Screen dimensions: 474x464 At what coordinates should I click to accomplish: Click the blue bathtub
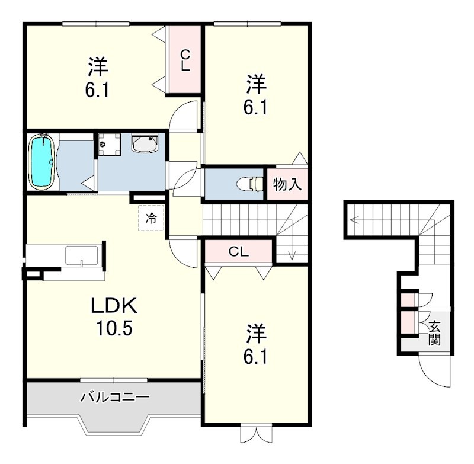pyautogui.click(x=42, y=162)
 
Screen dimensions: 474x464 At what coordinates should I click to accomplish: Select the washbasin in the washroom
pyautogui.click(x=145, y=143)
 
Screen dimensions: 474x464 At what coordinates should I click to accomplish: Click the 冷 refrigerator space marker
pyautogui.click(x=151, y=218)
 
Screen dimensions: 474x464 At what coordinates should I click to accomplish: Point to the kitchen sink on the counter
pyautogui.click(x=82, y=257)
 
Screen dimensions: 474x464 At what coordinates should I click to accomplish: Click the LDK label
pyautogui.click(x=114, y=306)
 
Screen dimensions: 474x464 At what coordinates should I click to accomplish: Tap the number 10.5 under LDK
pyautogui.click(x=114, y=328)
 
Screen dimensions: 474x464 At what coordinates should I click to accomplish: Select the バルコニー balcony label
pyautogui.click(x=115, y=397)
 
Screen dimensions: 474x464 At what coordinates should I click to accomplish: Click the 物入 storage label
pyautogui.click(x=287, y=184)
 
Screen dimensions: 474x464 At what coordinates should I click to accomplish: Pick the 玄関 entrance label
pyautogui.click(x=434, y=334)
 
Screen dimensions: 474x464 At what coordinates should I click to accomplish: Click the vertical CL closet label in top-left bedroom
pyautogui.click(x=185, y=60)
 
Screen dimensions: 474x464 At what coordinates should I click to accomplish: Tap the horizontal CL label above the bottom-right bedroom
pyautogui.click(x=239, y=251)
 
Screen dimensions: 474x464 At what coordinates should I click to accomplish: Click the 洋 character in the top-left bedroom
pyautogui.click(x=98, y=67)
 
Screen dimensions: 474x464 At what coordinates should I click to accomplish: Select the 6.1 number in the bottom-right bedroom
pyautogui.click(x=255, y=358)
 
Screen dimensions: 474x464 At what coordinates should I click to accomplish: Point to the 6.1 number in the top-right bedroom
pyautogui.click(x=255, y=107)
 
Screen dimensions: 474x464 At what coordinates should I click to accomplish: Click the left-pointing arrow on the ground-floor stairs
pyautogui.click(x=354, y=220)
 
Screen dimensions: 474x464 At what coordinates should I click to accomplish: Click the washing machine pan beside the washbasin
pyautogui.click(x=110, y=144)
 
